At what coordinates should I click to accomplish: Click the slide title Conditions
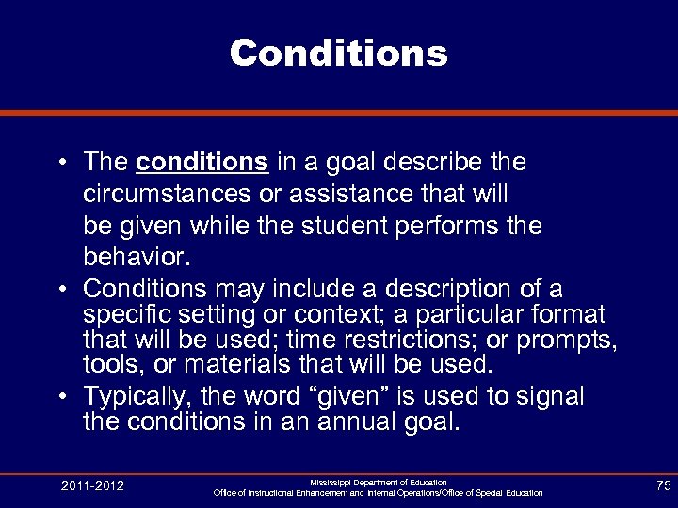click(x=338, y=53)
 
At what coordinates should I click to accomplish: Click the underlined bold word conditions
click(x=202, y=163)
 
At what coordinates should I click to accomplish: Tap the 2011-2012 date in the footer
click(x=93, y=485)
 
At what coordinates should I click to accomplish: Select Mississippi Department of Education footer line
click(x=379, y=482)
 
